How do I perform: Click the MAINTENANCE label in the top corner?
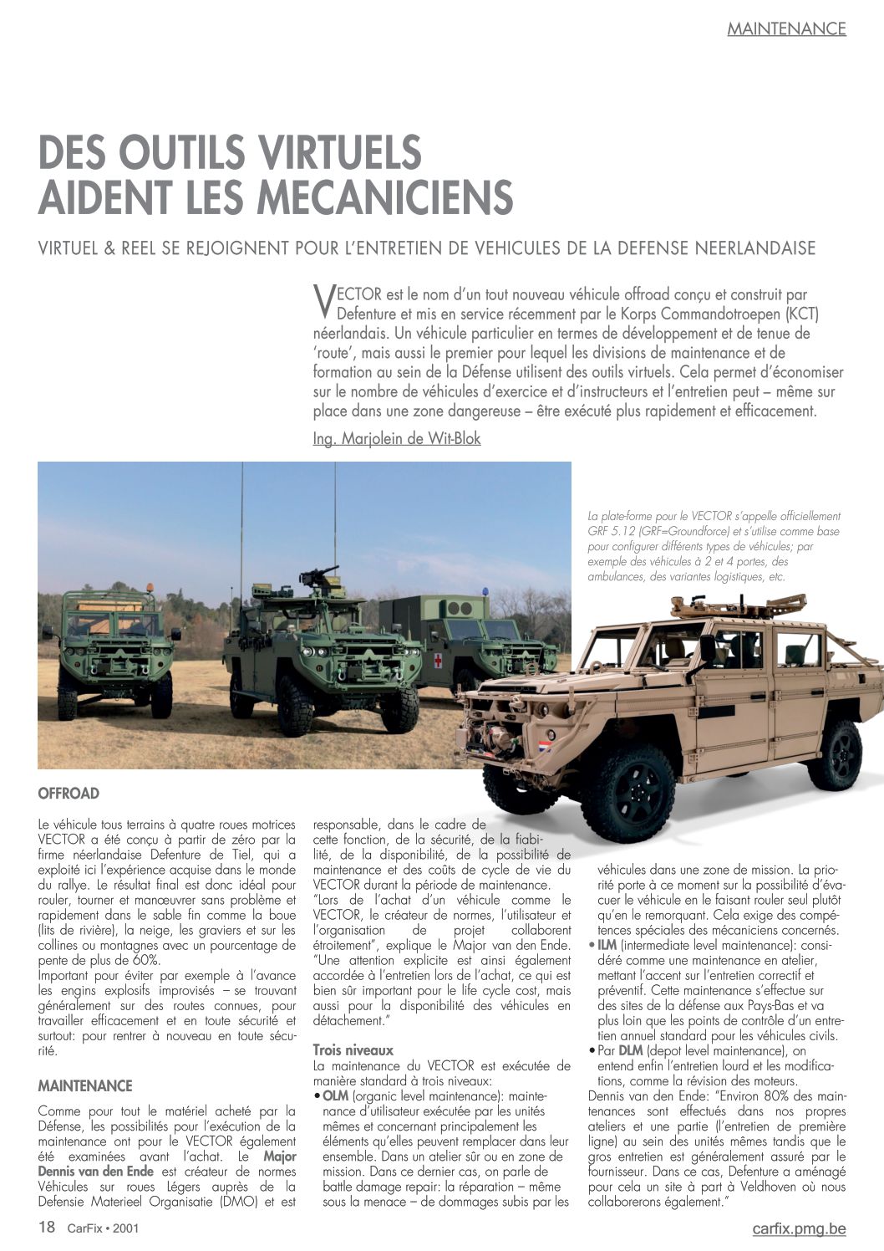(786, 28)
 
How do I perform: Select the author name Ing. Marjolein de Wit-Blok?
(397, 438)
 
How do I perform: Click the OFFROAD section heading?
(69, 794)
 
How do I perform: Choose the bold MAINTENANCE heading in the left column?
(85, 1086)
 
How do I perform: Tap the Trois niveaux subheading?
(353, 1050)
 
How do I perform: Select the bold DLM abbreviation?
(631, 1051)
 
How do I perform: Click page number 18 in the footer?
(47, 1228)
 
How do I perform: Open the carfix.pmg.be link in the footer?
(799, 1228)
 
